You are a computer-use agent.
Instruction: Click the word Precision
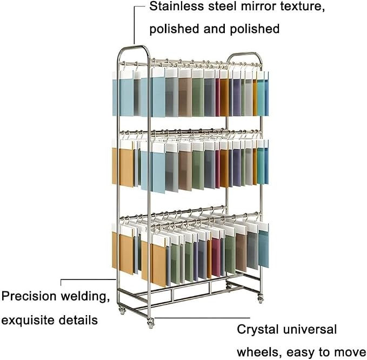pos(29,296)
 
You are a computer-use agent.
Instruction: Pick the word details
pos(78,320)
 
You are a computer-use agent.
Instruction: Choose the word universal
pos(310,329)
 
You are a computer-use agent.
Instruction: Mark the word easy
pos(302,353)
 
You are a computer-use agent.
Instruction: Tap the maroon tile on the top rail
pos(217,97)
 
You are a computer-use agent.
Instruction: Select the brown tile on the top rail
pos(185,97)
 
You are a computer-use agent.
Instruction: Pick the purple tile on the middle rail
pos(237,168)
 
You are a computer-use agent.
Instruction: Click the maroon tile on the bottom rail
pos(216,257)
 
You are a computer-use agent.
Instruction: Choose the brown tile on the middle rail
pos(185,170)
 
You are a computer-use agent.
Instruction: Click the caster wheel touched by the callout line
pos(151,323)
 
